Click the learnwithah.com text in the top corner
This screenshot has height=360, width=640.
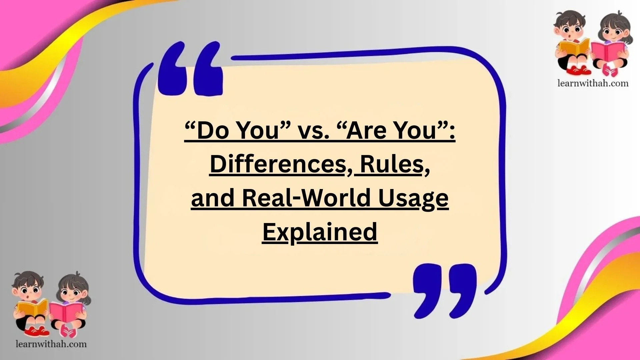pos(593,83)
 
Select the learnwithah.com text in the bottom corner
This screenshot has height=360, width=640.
pos(51,344)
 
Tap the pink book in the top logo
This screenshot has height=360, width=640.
pos(607,51)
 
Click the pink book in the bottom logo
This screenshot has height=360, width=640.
pos(66,312)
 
